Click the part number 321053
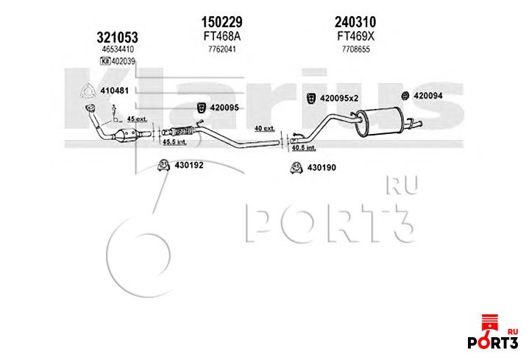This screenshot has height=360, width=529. (x=117, y=36)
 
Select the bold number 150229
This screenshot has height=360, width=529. (x=221, y=22)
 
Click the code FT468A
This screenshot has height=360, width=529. (x=221, y=35)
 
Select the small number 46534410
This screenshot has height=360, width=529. (x=117, y=49)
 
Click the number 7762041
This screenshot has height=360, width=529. (x=221, y=49)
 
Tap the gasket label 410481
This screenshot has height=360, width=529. (x=114, y=91)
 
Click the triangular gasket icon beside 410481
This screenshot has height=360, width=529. (x=87, y=91)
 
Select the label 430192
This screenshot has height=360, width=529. (x=188, y=165)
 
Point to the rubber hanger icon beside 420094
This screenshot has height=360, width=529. (x=404, y=96)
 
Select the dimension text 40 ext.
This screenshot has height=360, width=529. (x=263, y=128)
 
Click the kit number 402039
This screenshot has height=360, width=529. (x=122, y=61)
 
